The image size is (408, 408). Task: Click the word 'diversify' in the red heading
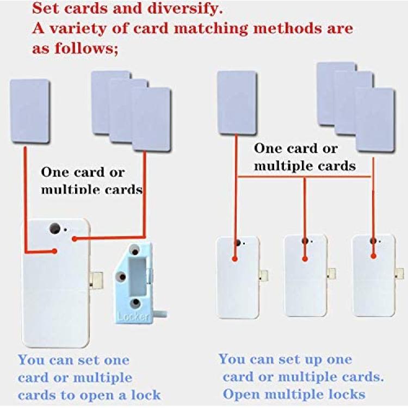[185, 9]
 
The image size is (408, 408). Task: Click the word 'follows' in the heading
[86, 48]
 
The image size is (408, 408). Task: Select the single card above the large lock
[30, 112]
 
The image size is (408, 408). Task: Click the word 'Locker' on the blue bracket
[133, 317]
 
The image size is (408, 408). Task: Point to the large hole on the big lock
[54, 228]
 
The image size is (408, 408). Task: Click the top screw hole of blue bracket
[135, 252]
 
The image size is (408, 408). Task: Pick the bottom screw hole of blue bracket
[135, 303]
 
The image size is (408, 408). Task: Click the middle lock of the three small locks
[306, 276]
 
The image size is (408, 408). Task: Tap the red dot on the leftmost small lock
[235, 259]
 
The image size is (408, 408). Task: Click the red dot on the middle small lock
[305, 259]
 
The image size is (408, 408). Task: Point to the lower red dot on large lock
[54, 251]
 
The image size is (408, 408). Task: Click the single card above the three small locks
[237, 103]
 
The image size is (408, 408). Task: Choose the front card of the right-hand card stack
[375, 120]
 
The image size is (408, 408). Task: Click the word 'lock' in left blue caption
[146, 395]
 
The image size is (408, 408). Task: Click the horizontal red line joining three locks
[304, 177]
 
